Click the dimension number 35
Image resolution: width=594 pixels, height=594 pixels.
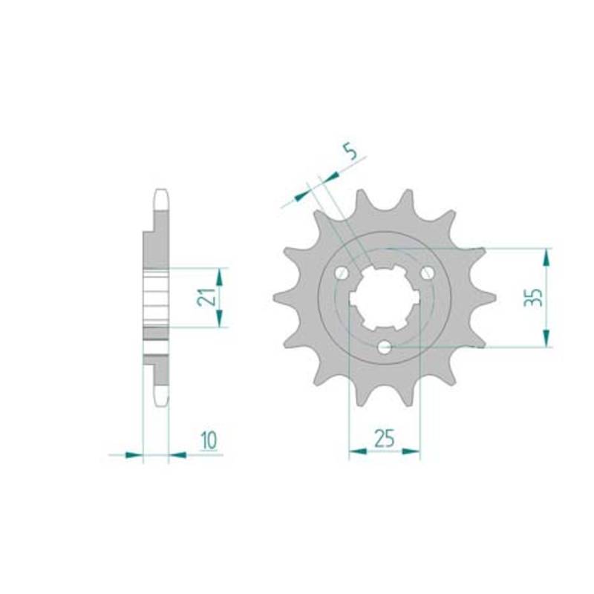click(532, 298)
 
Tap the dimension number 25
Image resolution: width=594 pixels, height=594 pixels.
click(385, 438)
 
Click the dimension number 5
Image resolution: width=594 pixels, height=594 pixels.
click(351, 153)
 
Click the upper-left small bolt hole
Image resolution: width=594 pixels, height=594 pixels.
click(342, 272)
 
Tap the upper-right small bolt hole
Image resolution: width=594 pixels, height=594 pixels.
click(428, 272)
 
